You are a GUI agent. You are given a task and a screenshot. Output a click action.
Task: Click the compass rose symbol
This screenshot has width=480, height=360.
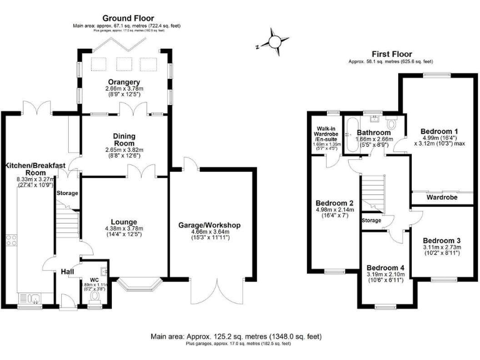click(x=274, y=41)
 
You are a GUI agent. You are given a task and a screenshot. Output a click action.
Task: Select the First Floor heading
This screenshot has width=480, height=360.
click(x=390, y=54)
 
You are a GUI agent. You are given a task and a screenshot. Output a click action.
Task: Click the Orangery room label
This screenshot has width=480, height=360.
click(x=122, y=82)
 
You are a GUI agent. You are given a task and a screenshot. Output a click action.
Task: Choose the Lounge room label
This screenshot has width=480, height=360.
click(x=124, y=221)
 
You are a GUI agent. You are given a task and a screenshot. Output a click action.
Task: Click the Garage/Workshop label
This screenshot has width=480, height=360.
click(x=209, y=225)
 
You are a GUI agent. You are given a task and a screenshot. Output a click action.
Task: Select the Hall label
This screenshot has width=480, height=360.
click(x=67, y=271)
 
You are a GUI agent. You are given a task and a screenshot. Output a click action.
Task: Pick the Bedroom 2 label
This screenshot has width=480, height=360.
click(x=335, y=203)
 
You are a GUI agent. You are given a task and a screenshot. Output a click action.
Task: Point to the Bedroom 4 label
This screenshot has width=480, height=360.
click(x=386, y=267)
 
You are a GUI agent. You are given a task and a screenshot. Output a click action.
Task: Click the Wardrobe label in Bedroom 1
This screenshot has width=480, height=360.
click(x=442, y=197)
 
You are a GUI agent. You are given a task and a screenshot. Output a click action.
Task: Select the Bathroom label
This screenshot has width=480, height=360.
click(x=374, y=132)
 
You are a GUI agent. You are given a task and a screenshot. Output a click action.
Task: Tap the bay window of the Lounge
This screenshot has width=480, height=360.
click(x=139, y=284)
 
